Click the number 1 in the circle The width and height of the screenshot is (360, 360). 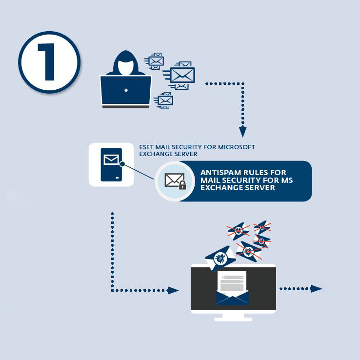coord(49,62)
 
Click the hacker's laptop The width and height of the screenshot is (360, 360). coord(126,91)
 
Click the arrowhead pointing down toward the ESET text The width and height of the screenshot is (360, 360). coord(242,132)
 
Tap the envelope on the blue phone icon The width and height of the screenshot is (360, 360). coord(111,160)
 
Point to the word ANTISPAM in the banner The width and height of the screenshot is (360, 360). coord(220,173)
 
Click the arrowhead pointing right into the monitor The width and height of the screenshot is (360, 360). coord(174,290)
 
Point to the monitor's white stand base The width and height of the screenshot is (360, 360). coord(233,318)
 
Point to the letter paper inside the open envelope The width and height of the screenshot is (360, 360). coord(233,282)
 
